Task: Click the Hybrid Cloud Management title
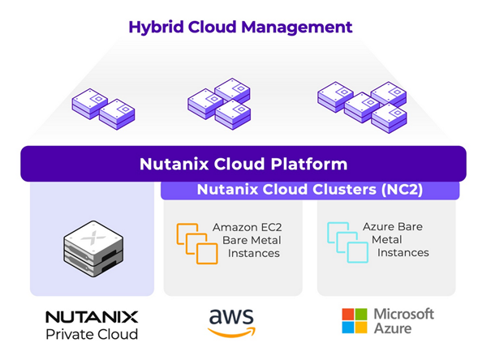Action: (240, 27)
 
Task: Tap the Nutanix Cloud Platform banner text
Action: (243, 164)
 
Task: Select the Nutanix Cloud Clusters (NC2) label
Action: (309, 191)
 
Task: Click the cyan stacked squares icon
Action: (344, 242)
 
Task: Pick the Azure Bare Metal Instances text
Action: (396, 241)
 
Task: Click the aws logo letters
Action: (231, 316)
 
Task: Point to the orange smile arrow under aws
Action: (232, 332)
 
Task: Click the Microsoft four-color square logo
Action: (353, 321)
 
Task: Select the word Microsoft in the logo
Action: (403, 313)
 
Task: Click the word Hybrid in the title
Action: (154, 27)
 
